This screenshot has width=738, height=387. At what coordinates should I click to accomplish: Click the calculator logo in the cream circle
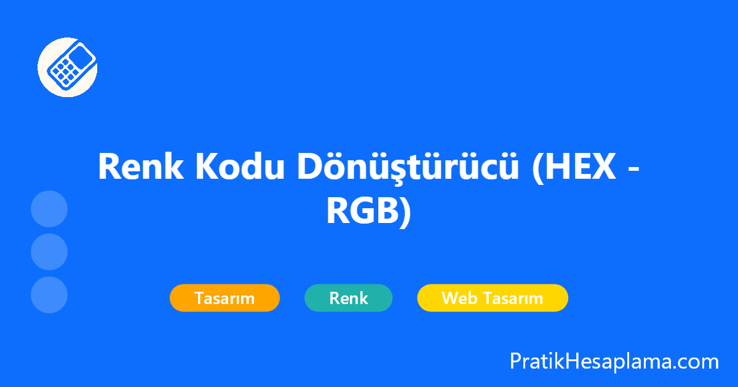tap(67, 67)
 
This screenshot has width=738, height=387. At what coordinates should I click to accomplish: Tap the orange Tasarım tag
tap(224, 298)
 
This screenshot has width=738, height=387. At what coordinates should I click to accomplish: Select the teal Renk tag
tap(348, 298)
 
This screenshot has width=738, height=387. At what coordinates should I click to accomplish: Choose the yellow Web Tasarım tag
tap(492, 298)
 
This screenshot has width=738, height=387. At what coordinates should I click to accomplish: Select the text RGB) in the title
tap(368, 212)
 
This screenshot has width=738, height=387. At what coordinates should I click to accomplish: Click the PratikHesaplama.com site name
tap(614, 361)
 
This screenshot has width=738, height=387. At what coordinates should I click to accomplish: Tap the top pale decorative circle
tap(49, 209)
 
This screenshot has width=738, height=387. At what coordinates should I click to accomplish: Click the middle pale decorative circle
tap(49, 252)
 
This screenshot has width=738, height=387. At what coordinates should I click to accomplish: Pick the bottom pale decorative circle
tap(49, 295)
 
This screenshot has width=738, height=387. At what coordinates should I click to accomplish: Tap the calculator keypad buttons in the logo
tap(63, 73)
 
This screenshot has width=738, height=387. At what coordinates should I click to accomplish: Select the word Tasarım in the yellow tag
tap(512, 299)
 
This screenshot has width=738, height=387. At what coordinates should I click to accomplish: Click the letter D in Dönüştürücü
tap(312, 166)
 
